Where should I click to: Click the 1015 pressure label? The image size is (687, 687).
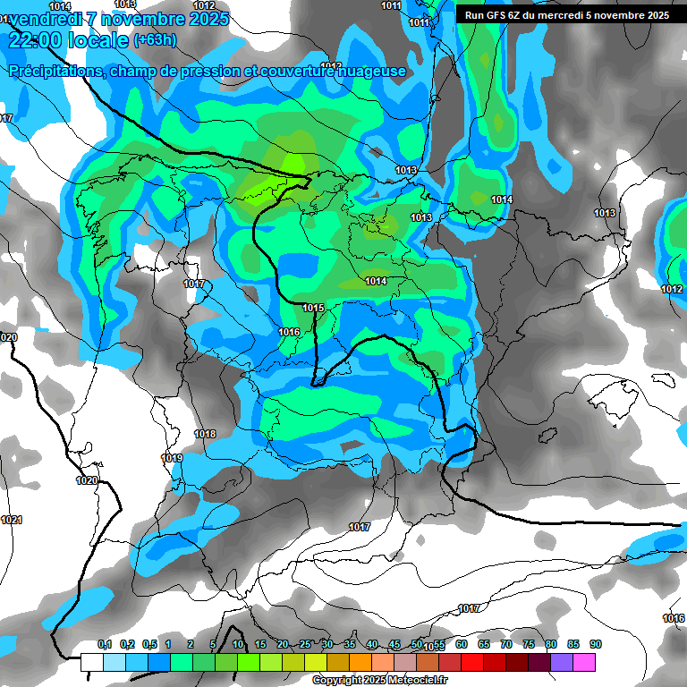coord(313,309)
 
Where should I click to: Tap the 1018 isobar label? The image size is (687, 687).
coord(205,434)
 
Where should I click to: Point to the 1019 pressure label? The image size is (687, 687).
coord(172,458)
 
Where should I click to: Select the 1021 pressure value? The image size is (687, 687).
coord(12,520)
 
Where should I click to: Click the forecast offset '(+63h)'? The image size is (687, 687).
coord(155,40)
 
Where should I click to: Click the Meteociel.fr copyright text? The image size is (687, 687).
coord(379,680)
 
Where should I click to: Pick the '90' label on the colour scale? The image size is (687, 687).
coord(596,645)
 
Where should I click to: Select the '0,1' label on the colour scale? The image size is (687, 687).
coord(105,645)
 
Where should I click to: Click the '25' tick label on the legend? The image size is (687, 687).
coord(305,645)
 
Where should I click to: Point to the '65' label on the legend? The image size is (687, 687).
coord(484,645)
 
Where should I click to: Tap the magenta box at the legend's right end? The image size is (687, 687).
coord(584,662)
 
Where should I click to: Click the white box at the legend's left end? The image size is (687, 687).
coord(92,662)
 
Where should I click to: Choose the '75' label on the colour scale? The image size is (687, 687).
coord(529,645)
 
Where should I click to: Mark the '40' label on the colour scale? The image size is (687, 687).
coord(372,645)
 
